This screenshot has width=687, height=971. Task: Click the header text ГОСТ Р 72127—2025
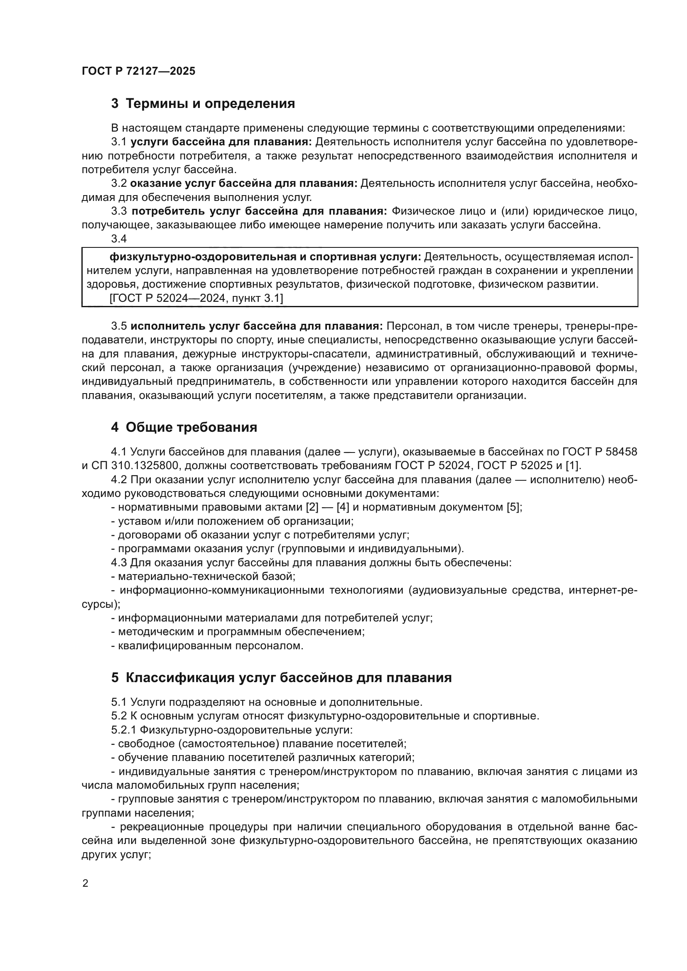138,71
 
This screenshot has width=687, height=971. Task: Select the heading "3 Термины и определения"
203,103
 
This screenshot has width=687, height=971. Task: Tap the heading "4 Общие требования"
184,427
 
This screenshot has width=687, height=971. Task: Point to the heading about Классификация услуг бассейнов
281,677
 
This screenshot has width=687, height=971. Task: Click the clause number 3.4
119,239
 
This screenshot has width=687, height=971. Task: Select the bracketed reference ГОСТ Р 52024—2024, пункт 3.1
196,298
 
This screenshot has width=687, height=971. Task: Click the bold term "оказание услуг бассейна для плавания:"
244,183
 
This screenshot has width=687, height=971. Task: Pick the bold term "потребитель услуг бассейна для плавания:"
259,211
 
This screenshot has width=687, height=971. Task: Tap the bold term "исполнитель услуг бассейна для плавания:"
256,326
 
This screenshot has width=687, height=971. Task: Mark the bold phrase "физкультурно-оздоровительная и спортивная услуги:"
265,257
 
